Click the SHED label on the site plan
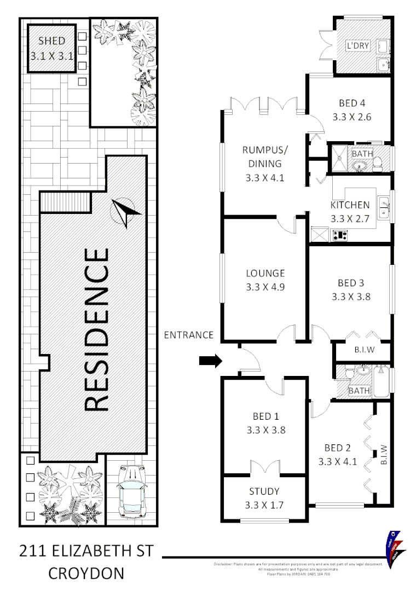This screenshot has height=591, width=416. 52,41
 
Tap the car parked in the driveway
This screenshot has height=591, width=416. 131,491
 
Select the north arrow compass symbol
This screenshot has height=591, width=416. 124,212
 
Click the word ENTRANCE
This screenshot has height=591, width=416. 189,335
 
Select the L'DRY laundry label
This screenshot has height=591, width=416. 357,46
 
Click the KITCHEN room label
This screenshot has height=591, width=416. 350,205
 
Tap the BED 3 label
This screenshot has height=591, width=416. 351,283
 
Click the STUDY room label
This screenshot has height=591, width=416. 264,491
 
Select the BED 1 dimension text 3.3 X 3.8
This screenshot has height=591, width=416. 264,430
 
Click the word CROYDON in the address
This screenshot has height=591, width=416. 86,573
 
